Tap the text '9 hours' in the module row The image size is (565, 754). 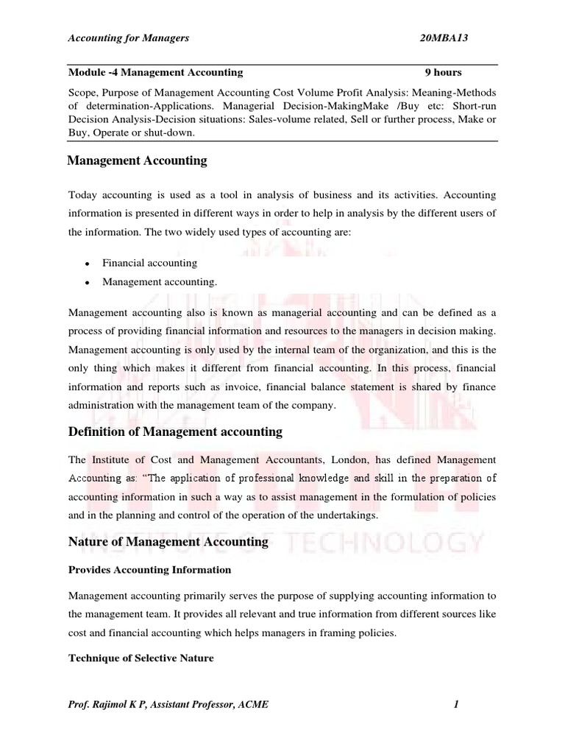(444, 72)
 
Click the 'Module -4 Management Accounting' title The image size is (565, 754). (155, 72)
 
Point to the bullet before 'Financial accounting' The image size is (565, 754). (87, 264)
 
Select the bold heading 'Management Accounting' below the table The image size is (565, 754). (137, 161)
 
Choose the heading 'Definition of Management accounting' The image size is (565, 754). (175, 431)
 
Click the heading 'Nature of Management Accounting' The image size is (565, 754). (168, 542)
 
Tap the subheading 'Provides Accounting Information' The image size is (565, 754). (149, 570)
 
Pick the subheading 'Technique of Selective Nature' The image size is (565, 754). (141, 658)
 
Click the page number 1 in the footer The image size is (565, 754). (457, 705)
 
